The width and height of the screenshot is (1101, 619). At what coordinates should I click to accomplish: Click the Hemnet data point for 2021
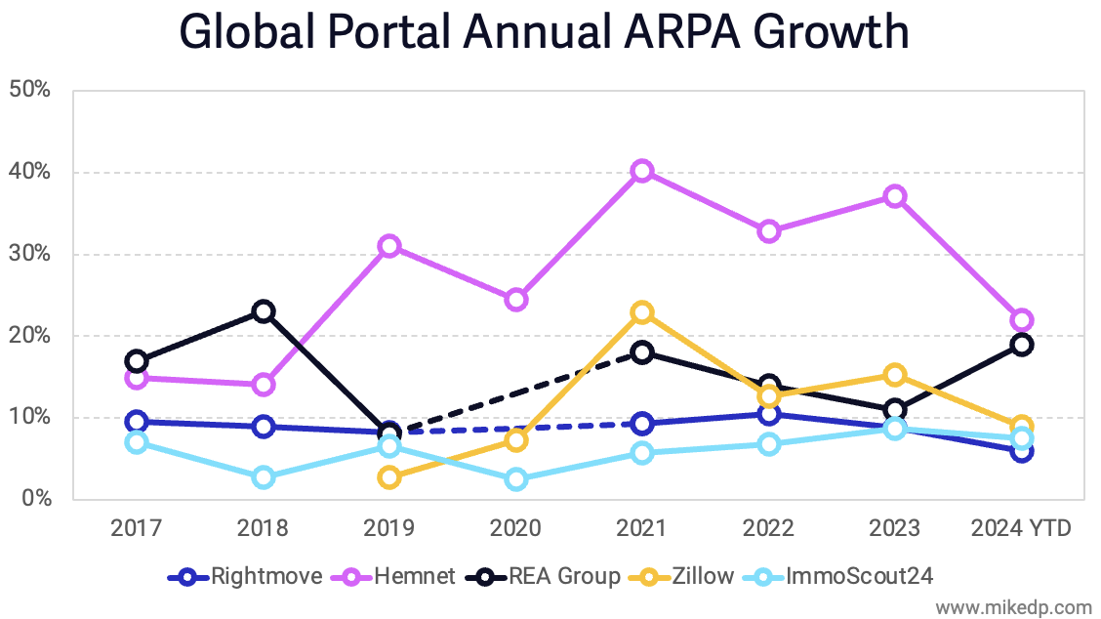coord(641,171)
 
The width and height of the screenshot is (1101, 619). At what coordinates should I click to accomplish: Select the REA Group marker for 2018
coord(263,311)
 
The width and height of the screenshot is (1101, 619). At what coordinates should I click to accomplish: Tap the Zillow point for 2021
coord(641,312)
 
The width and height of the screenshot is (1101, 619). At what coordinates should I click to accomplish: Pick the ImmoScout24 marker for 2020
coord(515,479)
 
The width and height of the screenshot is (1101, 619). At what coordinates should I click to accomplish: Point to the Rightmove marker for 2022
coord(769,414)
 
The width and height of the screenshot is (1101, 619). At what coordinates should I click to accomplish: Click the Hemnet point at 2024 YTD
coord(1022,320)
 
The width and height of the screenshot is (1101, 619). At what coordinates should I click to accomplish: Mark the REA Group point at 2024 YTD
coord(1022,345)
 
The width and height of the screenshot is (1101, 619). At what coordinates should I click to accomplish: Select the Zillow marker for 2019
coord(389,477)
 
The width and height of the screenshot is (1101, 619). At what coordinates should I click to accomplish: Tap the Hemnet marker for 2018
coord(263,385)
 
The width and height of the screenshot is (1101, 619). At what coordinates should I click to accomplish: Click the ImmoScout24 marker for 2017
coord(137,442)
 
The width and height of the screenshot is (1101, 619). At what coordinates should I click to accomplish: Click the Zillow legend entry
coord(682,576)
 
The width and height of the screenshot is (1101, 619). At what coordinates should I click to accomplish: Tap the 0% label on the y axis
coord(34,499)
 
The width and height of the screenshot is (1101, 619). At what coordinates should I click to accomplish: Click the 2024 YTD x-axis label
coord(1022,529)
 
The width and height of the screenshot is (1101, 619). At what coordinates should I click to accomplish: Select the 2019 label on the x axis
coord(389,529)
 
